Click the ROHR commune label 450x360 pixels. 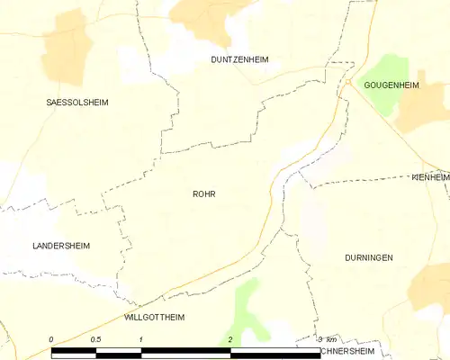203,193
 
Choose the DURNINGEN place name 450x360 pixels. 368,257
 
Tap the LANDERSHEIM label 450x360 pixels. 61,246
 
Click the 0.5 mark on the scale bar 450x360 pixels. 95,339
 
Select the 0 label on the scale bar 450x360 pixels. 51,339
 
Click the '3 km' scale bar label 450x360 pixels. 327,339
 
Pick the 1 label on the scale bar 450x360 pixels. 141,339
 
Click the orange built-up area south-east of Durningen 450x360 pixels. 429,292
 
